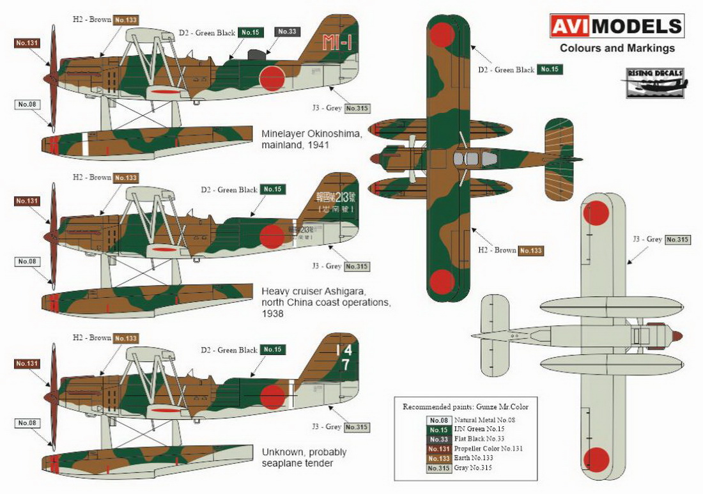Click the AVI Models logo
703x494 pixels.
617,26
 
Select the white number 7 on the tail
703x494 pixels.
344,366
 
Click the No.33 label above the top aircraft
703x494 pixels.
285,31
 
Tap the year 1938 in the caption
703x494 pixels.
274,314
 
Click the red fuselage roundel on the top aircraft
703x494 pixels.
272,79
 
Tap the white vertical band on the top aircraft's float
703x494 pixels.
85,145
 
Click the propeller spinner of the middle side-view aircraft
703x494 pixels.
49,237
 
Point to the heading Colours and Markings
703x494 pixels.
617,48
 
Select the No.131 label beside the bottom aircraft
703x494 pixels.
27,364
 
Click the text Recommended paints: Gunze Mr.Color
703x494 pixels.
465,406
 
